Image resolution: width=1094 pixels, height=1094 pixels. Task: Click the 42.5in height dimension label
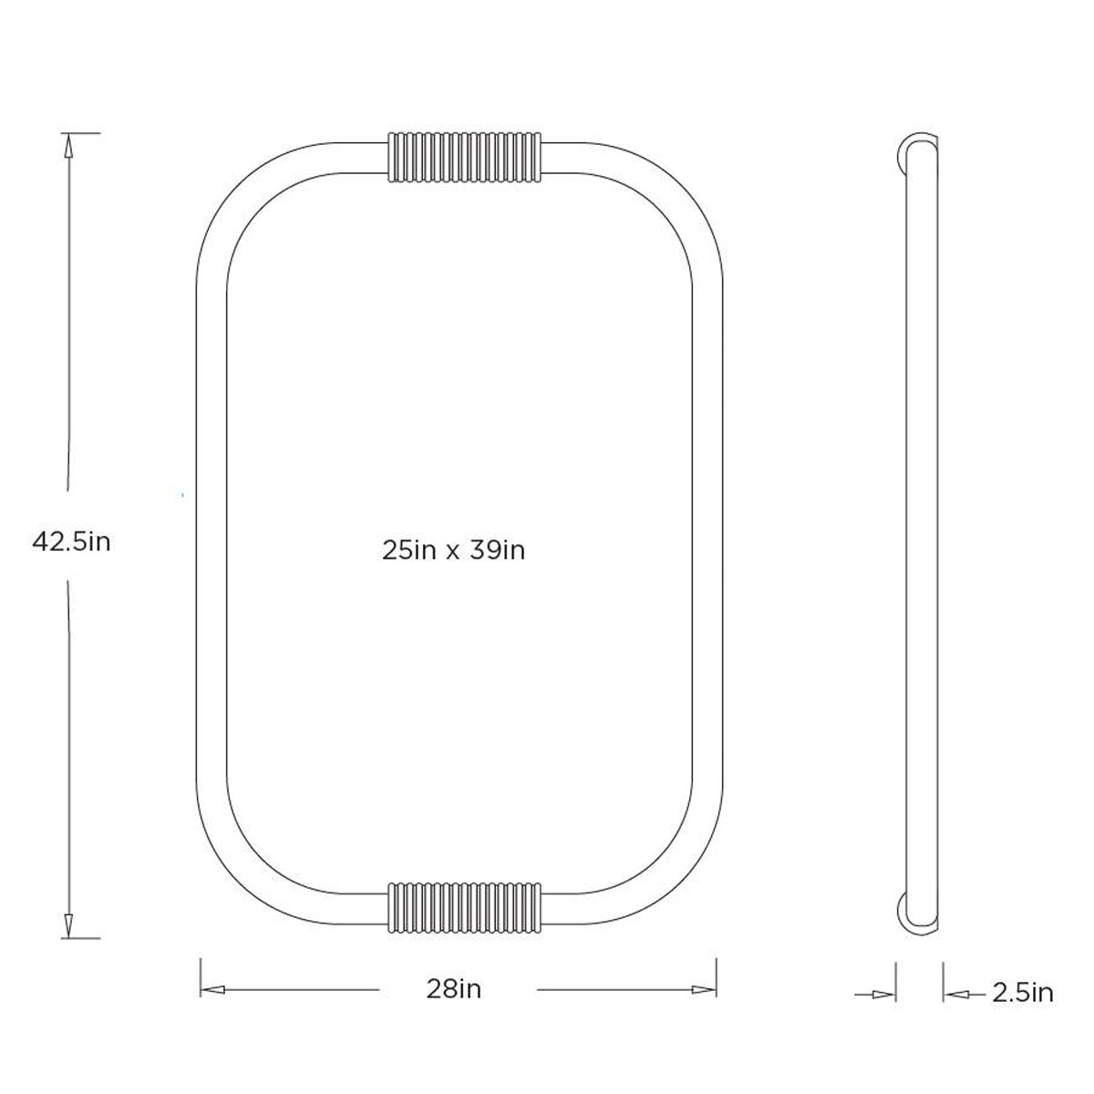coord(71,542)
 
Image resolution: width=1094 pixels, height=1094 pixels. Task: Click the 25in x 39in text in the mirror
coord(454,551)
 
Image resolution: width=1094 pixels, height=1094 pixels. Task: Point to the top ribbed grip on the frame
coord(464,157)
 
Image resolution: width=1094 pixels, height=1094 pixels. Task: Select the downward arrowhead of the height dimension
coord(68,926)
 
